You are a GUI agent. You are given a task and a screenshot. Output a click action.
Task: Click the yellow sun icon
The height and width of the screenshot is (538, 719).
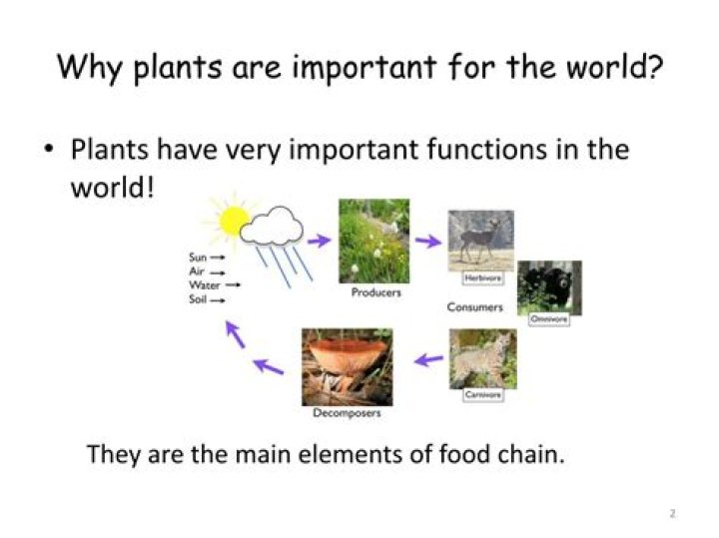pos(233,221)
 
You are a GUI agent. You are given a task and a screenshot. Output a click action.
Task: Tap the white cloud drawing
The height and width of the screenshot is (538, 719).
pos(272,229)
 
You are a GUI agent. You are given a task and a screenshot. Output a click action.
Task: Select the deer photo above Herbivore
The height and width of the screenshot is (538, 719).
pos(480,240)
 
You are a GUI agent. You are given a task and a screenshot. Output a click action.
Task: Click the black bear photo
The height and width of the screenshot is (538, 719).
pos(549,286)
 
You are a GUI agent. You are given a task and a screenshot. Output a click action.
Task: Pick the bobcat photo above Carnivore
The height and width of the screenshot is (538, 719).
pos(482,357)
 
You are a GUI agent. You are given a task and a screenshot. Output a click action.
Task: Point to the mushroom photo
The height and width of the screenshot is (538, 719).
pos(347,365)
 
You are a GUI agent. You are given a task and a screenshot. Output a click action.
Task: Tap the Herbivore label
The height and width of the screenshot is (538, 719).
pos(482,278)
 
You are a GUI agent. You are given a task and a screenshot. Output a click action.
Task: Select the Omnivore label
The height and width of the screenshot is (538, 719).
pos(548,318)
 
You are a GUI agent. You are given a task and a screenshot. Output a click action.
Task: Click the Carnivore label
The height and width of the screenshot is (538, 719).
pos(483,395)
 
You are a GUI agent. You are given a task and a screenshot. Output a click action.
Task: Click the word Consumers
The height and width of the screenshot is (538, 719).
pos(474,307)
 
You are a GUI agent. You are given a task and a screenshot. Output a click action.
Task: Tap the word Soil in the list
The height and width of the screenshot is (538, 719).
pos(198,299)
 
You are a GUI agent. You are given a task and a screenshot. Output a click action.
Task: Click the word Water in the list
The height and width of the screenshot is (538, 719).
pos(205,284)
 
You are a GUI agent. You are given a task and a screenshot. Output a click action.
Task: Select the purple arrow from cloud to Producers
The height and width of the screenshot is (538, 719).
pos(319,241)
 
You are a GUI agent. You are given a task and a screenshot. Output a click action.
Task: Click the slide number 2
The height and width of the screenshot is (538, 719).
pos(672,514)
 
